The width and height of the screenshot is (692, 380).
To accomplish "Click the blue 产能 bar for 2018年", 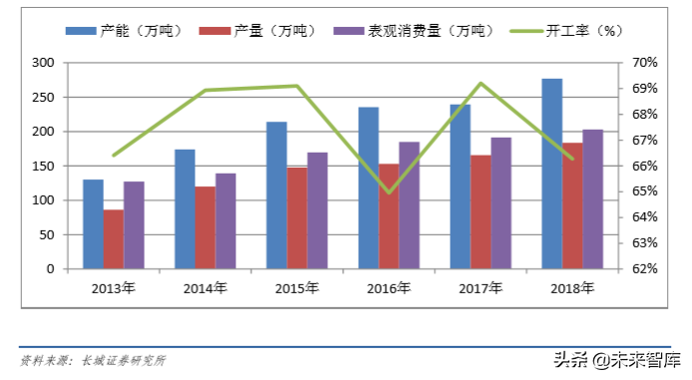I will (x=551, y=174).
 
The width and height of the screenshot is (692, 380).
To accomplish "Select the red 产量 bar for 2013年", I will (x=114, y=239).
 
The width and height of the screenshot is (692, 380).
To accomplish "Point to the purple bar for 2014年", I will (x=225, y=221).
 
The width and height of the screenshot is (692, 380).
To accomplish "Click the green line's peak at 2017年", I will (x=481, y=83).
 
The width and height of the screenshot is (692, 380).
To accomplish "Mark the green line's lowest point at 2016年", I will (x=389, y=192).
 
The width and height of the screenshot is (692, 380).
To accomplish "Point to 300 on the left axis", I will (x=44, y=63).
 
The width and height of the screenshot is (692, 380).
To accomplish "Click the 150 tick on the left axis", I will (x=44, y=167).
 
